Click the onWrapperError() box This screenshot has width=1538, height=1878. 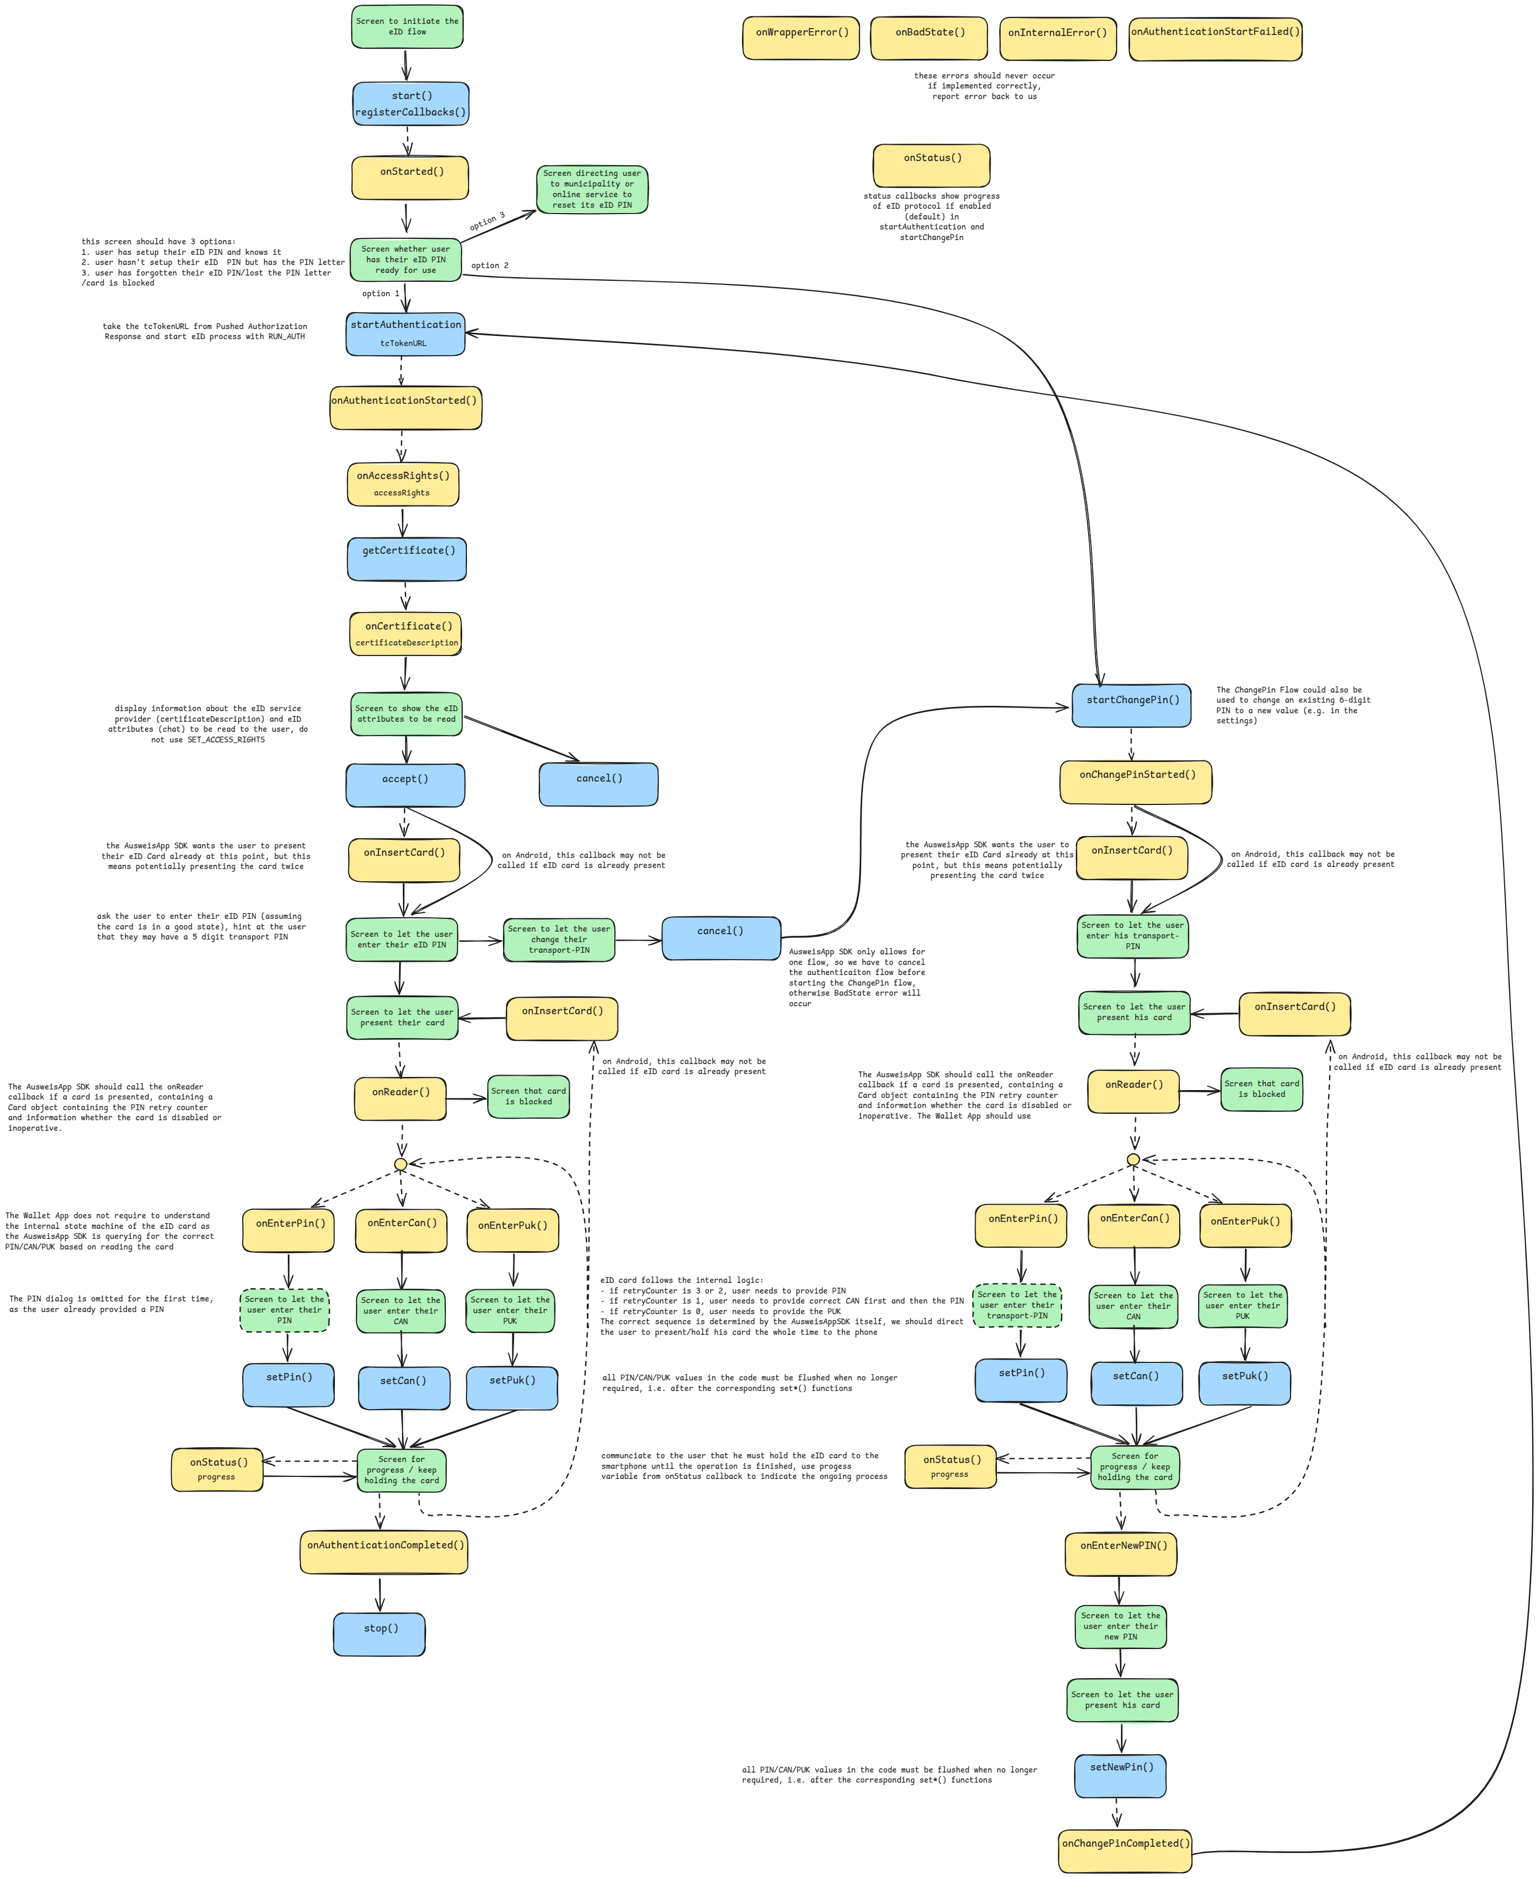801,38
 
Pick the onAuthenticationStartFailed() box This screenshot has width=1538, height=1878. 1216,38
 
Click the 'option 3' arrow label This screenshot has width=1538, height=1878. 487,222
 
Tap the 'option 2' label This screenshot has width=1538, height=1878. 490,266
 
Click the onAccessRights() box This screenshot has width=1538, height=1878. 403,484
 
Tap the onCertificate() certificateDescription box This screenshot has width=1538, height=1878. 406,633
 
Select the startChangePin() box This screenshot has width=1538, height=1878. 1132,706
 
